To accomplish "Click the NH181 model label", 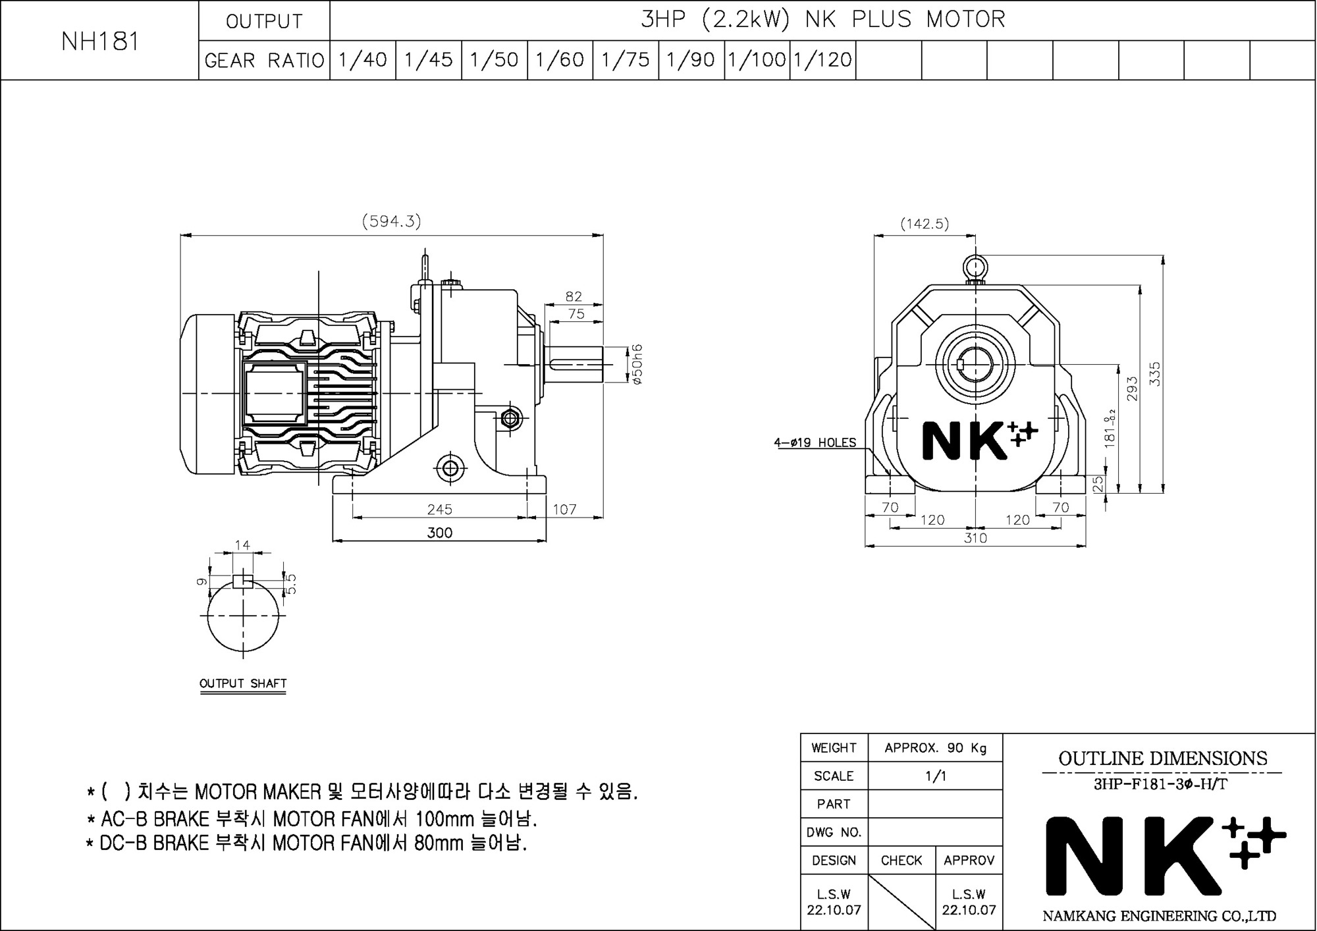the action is pos(100,41).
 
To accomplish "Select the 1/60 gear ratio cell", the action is pos(560,60).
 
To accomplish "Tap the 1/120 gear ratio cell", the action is pos(822,60).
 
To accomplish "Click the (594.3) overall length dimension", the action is pos(391,221).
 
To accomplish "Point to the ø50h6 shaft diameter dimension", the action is pos(637,364).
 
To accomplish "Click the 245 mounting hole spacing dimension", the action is pos(439,509).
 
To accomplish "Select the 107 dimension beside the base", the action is pos(564,509).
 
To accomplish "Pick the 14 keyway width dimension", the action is pos(242,545).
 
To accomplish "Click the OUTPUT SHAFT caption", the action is pos(243,683).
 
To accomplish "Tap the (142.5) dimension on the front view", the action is pos(925,224).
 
